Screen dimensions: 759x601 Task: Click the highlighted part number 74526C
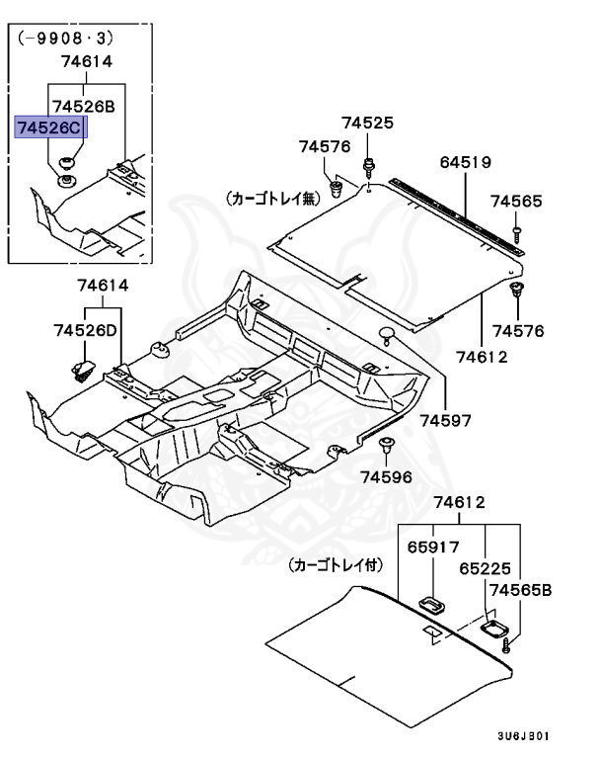[x=49, y=127]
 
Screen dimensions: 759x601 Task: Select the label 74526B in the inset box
[x=83, y=105]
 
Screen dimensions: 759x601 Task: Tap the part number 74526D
[x=85, y=329]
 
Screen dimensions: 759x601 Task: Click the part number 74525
[x=367, y=124]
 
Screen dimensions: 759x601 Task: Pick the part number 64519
[x=465, y=161]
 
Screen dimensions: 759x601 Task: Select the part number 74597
[x=447, y=420]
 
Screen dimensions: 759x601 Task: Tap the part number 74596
[x=384, y=476]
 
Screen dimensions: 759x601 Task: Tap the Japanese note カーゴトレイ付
[x=337, y=566]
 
